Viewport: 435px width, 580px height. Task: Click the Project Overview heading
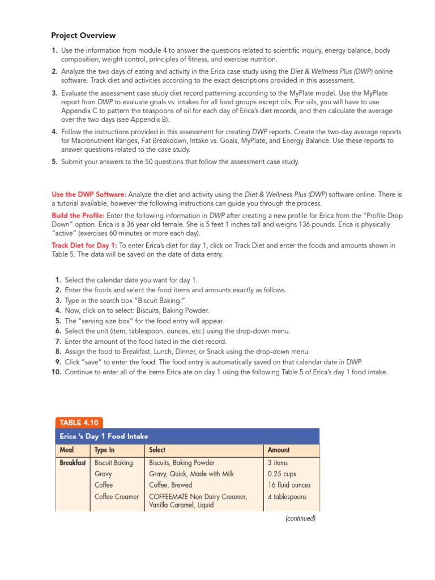83,35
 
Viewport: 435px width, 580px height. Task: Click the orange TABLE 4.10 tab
79,422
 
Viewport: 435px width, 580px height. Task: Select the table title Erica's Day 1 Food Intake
104,436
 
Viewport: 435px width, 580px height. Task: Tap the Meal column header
66,450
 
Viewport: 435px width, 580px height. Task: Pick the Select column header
157,450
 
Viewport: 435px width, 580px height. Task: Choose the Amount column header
278,450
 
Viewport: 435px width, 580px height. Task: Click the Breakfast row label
73,463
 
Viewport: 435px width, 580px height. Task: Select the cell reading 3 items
278,463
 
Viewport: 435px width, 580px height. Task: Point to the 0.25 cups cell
282,474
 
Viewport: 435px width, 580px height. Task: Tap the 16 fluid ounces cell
289,485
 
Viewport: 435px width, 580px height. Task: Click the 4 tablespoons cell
287,497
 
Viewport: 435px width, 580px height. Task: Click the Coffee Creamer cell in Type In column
117,497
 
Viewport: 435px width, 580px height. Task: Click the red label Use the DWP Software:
89,194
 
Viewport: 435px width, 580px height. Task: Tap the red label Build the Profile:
78,216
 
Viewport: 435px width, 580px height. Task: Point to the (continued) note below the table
300,518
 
